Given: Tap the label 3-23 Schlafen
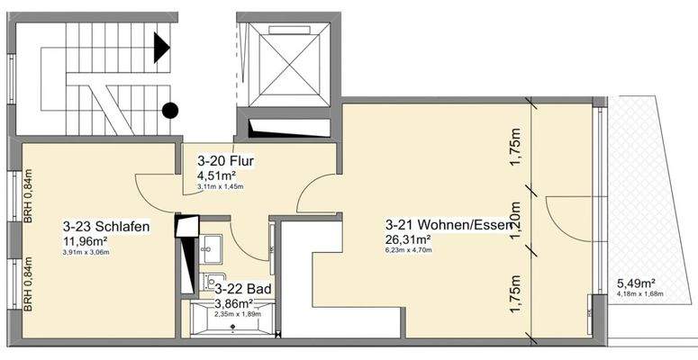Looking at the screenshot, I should coord(105,226).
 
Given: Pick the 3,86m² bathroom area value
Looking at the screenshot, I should coord(235,303).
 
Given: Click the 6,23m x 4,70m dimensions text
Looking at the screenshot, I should coord(410,251).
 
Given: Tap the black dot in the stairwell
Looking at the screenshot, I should coord(168,111).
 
